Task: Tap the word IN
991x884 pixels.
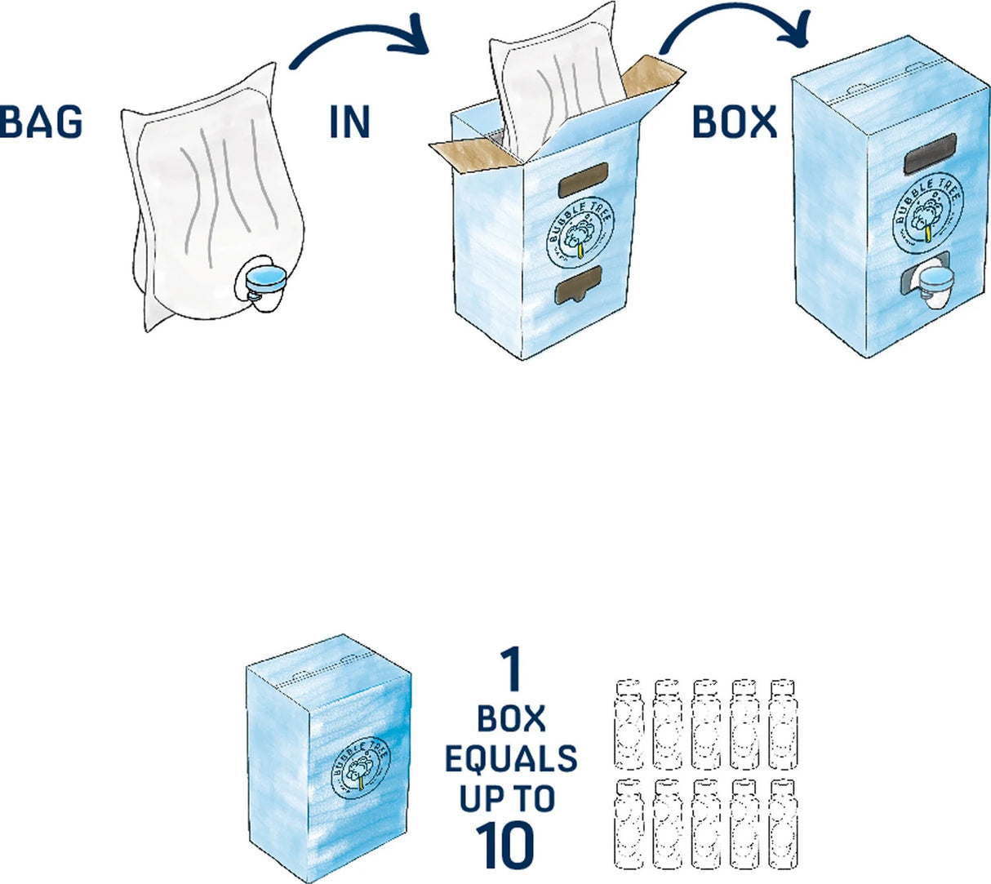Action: click(x=350, y=122)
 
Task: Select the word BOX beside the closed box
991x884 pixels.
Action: click(x=734, y=122)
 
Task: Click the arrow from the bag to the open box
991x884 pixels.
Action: click(x=359, y=42)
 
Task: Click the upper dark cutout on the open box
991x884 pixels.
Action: click(x=583, y=180)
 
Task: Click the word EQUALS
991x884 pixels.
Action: click(x=510, y=759)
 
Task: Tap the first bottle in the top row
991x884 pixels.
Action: click(x=628, y=723)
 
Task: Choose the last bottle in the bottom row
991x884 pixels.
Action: click(x=783, y=824)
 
